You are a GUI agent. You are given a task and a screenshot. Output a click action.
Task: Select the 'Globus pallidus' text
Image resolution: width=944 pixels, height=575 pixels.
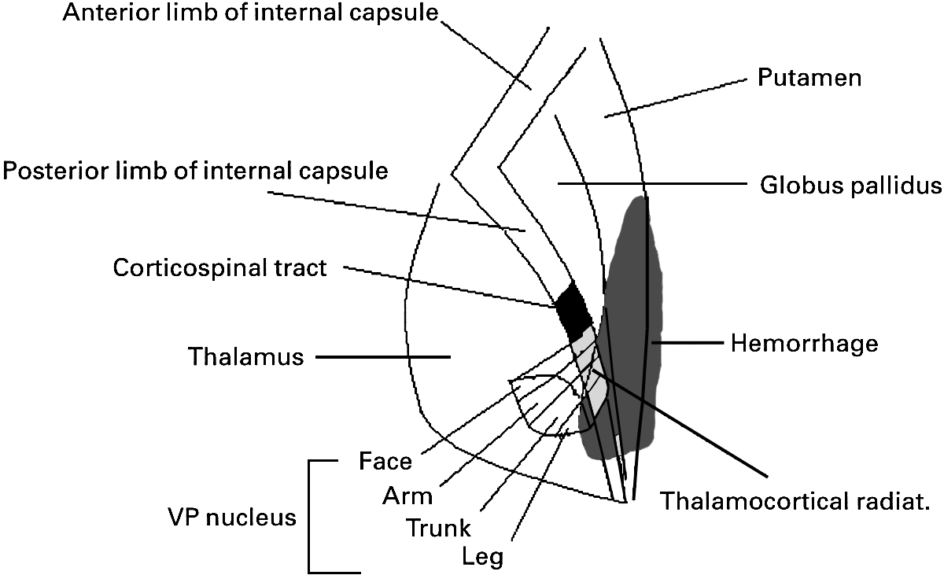[x=850, y=186]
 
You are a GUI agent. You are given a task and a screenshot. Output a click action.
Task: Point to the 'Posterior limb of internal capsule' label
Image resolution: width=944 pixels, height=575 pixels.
[x=195, y=171]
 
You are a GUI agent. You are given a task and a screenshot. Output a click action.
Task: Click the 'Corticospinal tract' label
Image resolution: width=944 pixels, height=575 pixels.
[x=219, y=267]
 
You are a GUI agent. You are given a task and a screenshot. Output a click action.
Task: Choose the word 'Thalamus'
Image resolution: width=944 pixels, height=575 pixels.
[x=245, y=356]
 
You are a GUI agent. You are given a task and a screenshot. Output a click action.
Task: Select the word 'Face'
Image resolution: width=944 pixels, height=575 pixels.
[x=385, y=461]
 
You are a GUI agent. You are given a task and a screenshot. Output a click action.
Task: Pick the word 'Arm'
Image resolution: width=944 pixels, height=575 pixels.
[x=407, y=496]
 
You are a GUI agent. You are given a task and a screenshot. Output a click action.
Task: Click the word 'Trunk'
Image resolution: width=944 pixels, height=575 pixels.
[x=438, y=527]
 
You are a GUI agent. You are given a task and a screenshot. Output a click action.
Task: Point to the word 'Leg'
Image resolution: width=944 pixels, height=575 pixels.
[x=483, y=557]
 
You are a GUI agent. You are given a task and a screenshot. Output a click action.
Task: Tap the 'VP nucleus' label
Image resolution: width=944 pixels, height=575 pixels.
[x=232, y=518]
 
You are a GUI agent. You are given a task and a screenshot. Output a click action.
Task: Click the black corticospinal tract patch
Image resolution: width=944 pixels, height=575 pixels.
[x=573, y=309]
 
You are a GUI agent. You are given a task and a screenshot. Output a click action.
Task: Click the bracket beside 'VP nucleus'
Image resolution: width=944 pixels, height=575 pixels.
[x=310, y=516]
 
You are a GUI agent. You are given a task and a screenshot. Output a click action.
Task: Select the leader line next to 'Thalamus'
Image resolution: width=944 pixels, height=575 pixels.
[x=382, y=357]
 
